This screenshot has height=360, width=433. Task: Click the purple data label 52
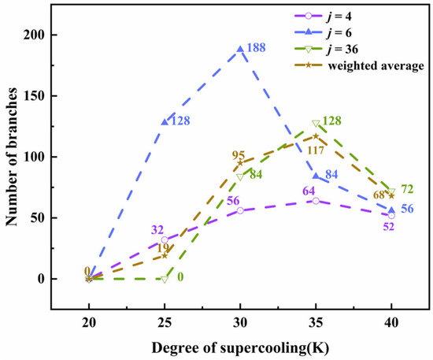(389, 227)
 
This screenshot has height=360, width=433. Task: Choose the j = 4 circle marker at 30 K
(240, 210)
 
